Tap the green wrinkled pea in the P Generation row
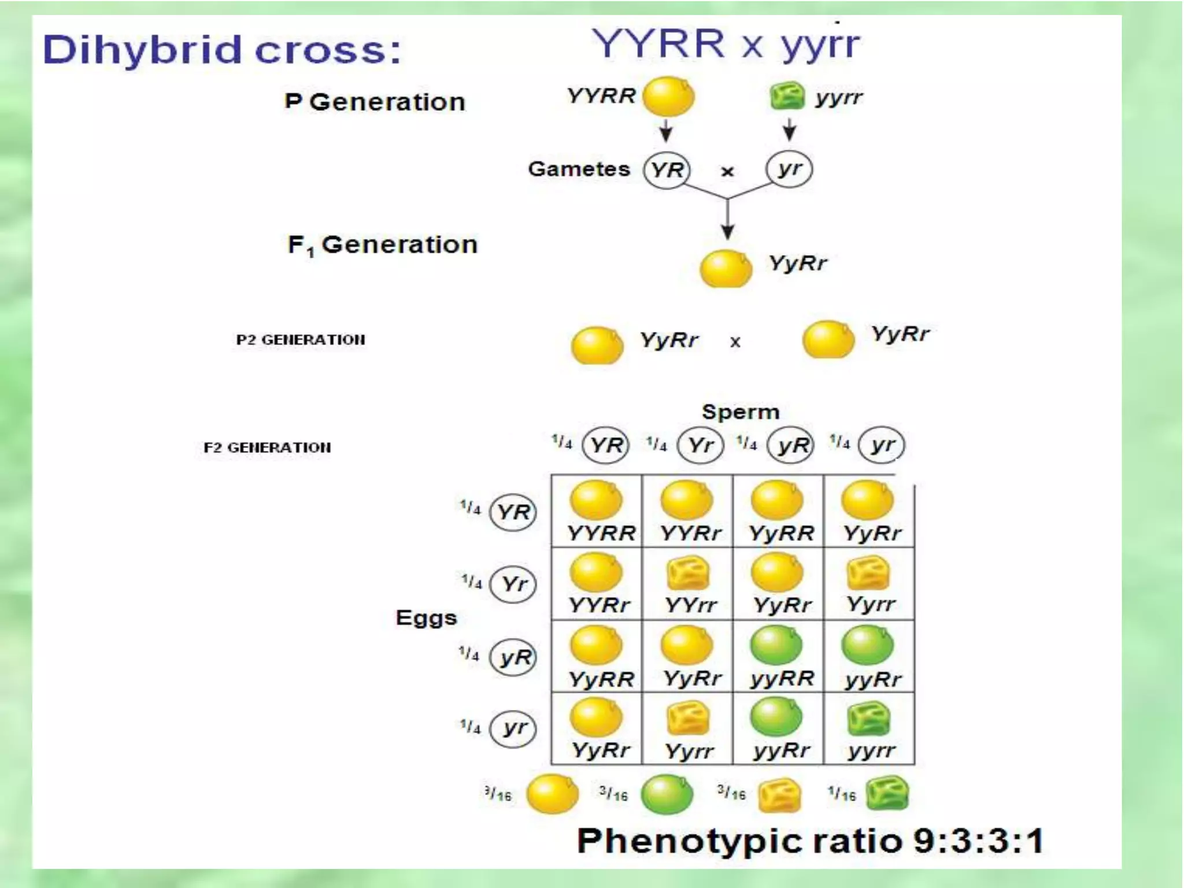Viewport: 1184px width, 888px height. click(x=787, y=96)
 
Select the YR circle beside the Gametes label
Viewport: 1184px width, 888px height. click(x=667, y=170)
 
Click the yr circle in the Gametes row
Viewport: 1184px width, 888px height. click(x=789, y=169)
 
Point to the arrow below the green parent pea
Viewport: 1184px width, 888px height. click(x=790, y=129)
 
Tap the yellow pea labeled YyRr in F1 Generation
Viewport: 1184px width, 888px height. click(x=726, y=268)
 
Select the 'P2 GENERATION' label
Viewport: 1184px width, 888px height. click(x=301, y=340)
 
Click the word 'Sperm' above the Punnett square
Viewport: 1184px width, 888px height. click(x=741, y=412)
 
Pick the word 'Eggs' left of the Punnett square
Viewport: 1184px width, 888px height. click(x=426, y=618)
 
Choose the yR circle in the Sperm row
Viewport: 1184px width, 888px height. click(x=791, y=445)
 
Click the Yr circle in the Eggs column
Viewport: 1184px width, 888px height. click(x=513, y=584)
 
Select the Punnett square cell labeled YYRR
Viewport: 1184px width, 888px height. click(x=597, y=511)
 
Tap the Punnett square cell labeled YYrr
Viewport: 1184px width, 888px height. click(x=687, y=584)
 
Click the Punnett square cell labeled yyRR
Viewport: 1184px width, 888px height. click(x=778, y=656)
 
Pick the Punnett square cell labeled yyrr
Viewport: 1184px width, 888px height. click(x=869, y=728)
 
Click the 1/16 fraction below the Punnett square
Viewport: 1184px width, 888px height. click(x=841, y=795)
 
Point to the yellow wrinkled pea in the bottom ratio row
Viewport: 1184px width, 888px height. click(x=779, y=795)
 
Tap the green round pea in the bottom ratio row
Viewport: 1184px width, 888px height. click(x=667, y=795)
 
